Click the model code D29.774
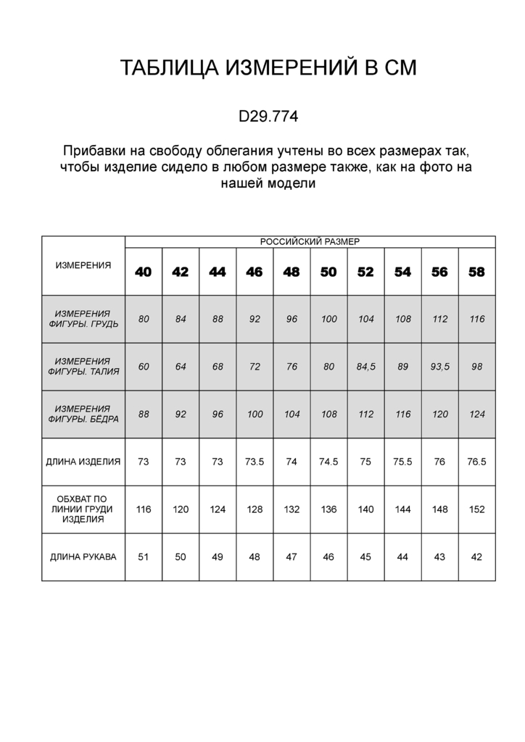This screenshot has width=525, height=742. tap(268, 116)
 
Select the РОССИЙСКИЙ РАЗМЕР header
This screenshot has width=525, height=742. tap(310, 242)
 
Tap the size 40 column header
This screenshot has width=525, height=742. tap(144, 272)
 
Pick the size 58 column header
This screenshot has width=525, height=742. tap(476, 272)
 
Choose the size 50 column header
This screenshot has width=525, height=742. tap(328, 272)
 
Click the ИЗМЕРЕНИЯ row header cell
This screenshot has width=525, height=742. tap(83, 265)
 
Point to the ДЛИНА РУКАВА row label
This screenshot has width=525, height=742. tap(83, 556)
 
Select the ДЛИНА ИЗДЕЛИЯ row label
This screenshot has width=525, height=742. tap(83, 461)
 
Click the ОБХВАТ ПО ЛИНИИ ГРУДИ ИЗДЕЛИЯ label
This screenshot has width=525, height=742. tap(83, 509)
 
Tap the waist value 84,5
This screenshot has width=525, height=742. tap(365, 367)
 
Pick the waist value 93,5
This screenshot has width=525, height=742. tap(439, 367)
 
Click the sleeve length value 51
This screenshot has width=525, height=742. tap(144, 556)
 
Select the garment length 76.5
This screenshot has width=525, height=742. tap(476, 461)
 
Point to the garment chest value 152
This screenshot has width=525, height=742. tap(476, 509)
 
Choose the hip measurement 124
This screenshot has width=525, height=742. tap(476, 414)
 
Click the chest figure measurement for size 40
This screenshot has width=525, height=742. tap(144, 319)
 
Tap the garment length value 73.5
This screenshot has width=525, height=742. tap(255, 461)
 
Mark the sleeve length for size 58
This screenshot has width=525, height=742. tap(476, 556)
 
